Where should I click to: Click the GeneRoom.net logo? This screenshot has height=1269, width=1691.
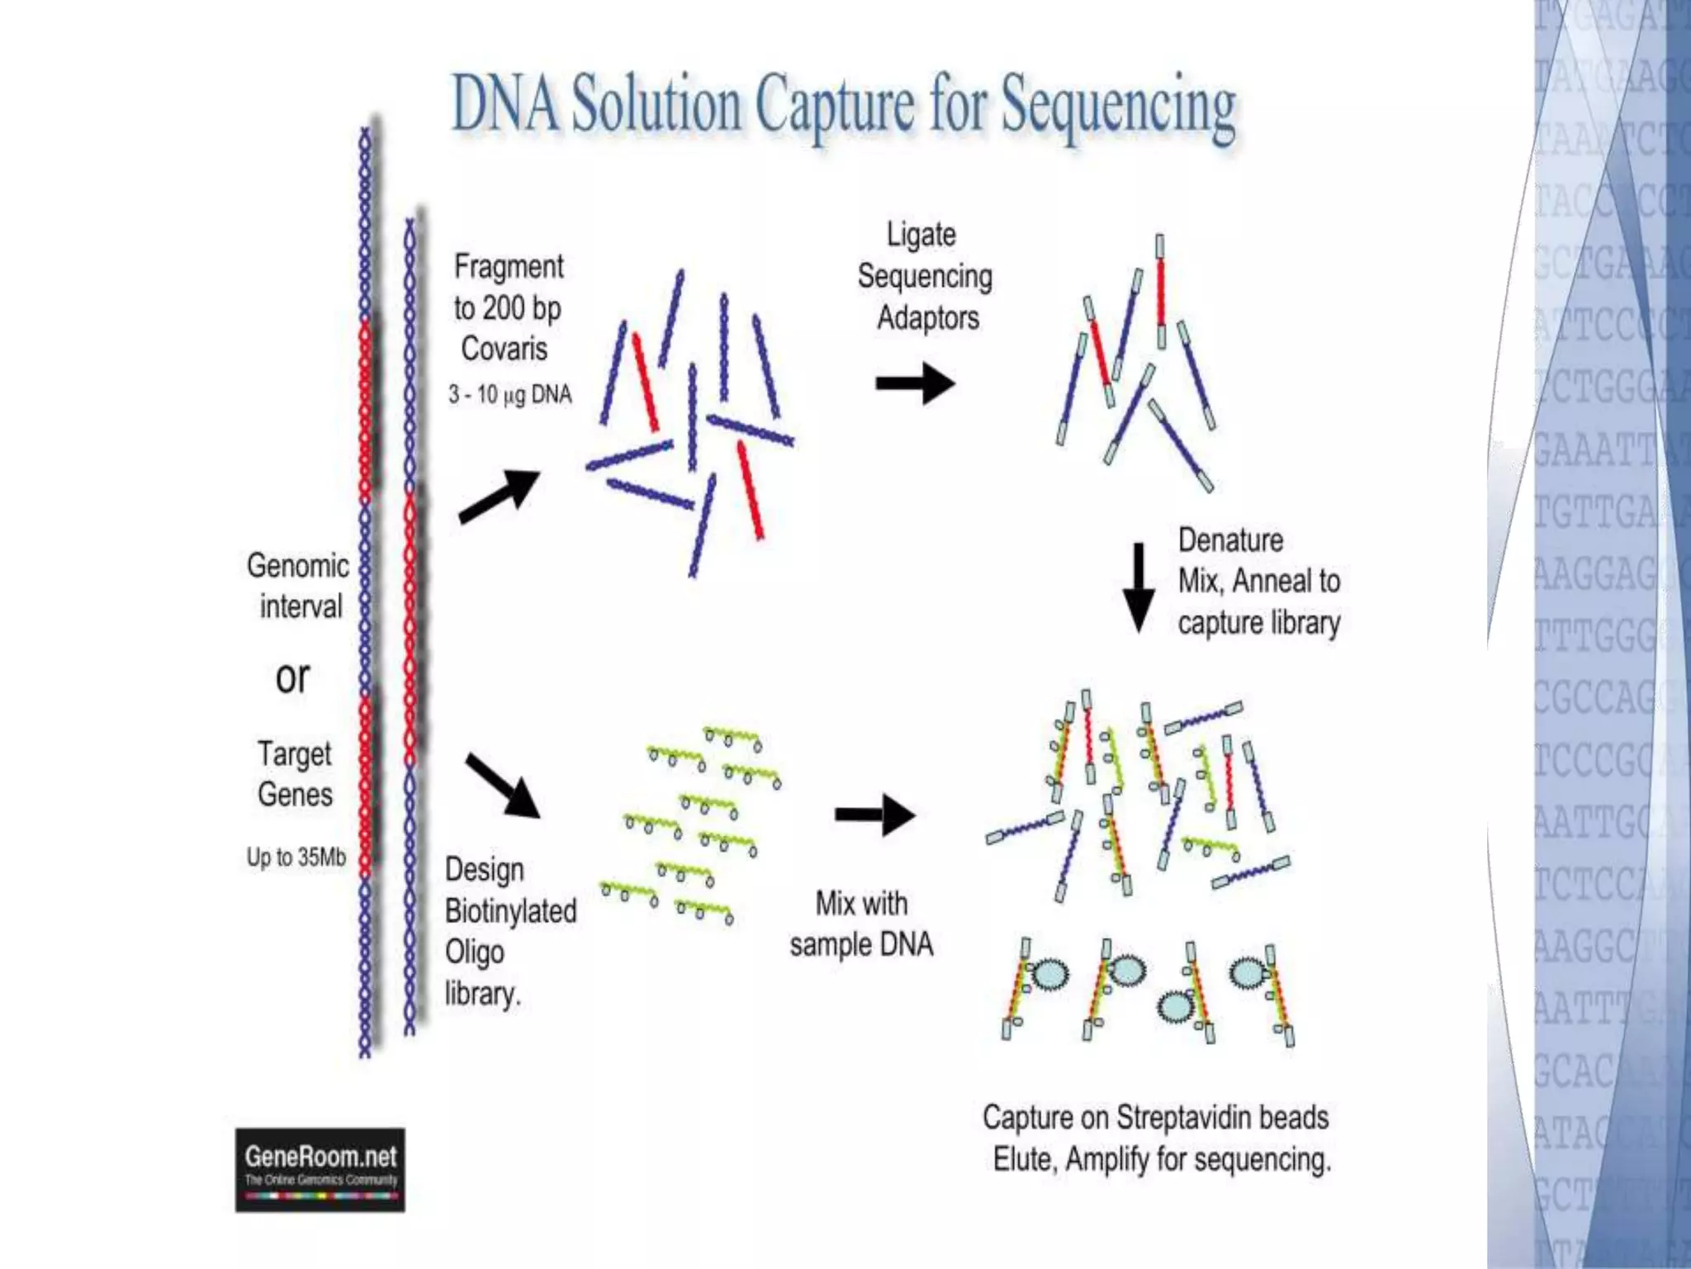coord(320,1169)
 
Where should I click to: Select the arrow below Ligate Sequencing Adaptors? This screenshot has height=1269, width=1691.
coord(915,383)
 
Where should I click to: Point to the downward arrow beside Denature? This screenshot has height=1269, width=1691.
coord(1139,587)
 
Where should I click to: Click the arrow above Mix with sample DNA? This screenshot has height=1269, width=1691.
coord(874,815)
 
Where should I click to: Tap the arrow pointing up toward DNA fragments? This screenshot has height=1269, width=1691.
coord(500,495)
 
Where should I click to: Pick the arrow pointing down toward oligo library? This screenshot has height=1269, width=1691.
coord(503,785)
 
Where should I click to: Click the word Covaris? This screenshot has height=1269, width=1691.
coord(504,349)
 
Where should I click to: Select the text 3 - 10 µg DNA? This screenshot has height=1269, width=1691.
coord(510,394)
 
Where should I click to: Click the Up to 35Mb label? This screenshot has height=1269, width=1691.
coord(296,857)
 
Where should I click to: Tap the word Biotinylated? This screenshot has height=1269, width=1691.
coord(510,910)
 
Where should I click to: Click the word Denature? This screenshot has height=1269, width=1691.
coord(1230,540)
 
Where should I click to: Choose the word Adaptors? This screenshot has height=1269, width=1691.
coord(928,317)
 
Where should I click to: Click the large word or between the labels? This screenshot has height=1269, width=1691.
coord(292,677)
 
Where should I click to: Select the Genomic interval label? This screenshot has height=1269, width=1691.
coord(298,586)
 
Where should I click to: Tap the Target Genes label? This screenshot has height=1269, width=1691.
coord(295,773)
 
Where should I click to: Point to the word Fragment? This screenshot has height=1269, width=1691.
coord(509,267)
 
